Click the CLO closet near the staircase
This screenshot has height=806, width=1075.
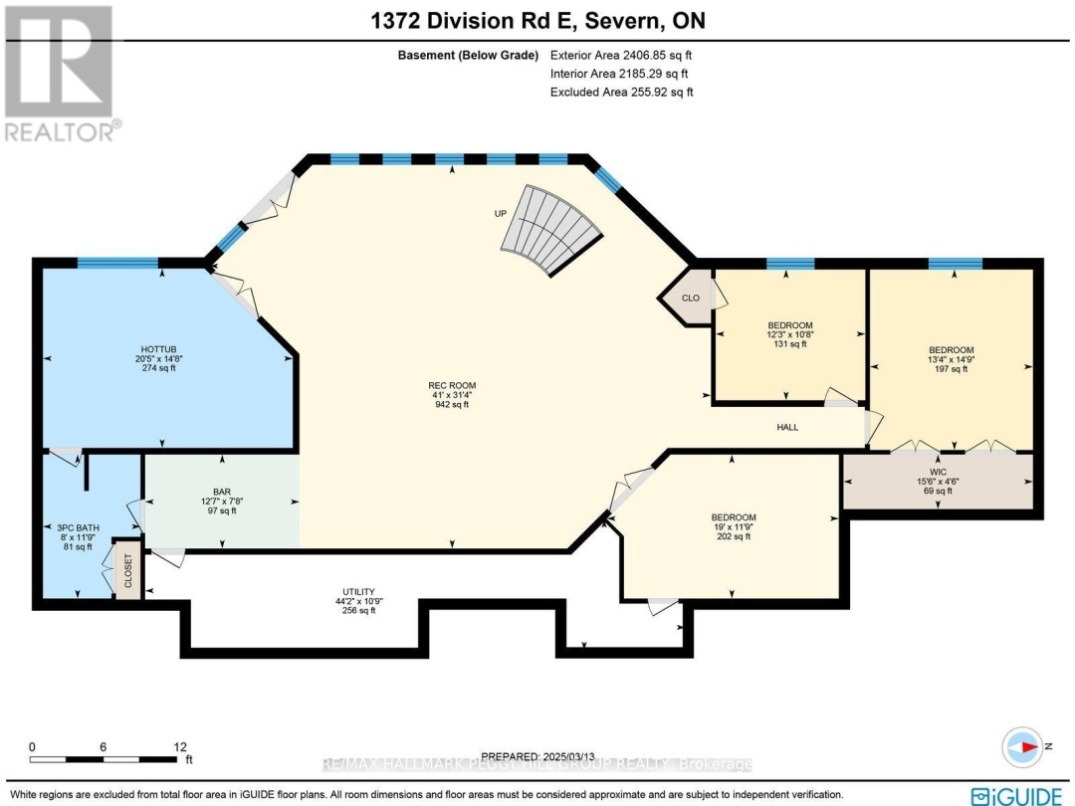click(x=691, y=297)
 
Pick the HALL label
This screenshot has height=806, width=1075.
click(x=787, y=427)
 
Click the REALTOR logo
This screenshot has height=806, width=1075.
click(x=59, y=74)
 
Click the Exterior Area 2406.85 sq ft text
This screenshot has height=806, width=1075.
click(x=621, y=56)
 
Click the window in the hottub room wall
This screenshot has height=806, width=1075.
click(x=117, y=263)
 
